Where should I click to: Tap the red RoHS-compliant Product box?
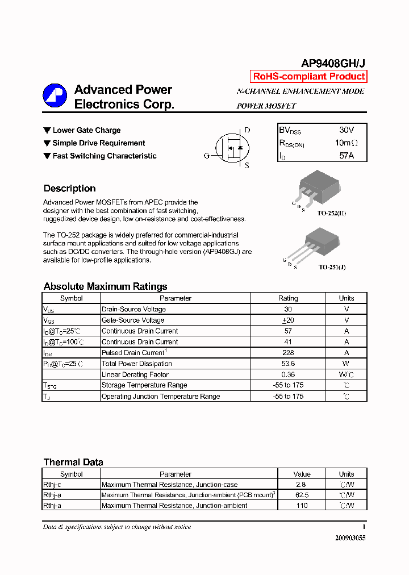308,77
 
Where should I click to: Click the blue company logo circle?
55,96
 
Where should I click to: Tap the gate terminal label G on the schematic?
207,155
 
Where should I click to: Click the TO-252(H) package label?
332,213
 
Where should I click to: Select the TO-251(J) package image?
323,241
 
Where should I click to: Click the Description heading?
69,189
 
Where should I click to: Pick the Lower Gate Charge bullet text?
86,131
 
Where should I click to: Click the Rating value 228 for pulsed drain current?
287,353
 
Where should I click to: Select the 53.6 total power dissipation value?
287,364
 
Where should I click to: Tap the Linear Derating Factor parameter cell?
135,374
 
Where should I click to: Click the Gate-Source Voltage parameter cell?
133,320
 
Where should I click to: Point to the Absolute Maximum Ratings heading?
105,286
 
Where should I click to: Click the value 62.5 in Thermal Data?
301,495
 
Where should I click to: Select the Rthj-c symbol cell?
52,485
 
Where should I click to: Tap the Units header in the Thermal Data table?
346,474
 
